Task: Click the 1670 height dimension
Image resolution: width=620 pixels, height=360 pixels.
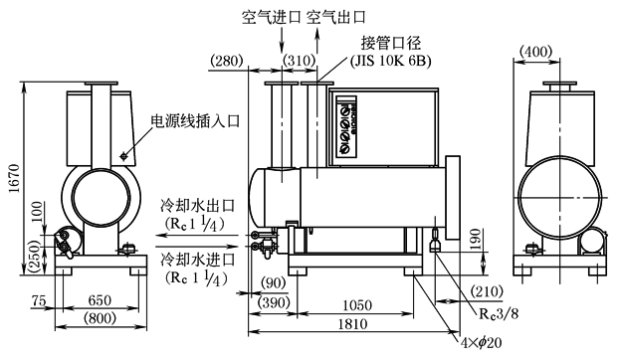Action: coord(14,178)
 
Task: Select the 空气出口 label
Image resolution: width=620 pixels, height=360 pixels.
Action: coord(336,18)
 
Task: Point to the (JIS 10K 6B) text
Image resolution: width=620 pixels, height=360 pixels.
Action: coord(391,61)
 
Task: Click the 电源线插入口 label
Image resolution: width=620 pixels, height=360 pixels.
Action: coord(196,121)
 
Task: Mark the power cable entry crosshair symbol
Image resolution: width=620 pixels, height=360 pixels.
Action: coord(124,156)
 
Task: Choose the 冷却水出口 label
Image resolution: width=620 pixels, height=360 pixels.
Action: coord(198,206)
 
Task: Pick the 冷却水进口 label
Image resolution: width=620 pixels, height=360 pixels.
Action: coord(198,260)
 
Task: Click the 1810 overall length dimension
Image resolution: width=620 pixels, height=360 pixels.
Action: coord(352,324)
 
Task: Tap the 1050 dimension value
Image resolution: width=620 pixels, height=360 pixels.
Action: coord(357,305)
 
